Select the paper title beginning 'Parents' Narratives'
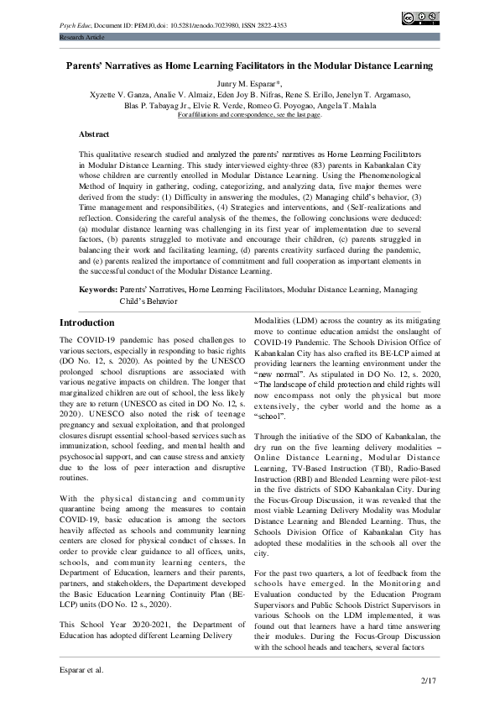(249, 65)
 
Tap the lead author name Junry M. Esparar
(249, 86)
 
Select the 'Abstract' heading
(94, 134)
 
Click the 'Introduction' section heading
(87, 323)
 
